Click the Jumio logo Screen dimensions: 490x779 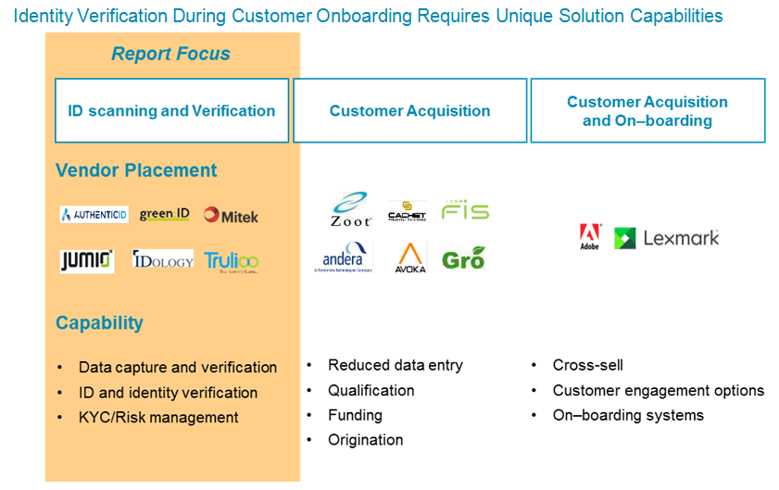pos(86,260)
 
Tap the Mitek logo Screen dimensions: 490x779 pos(231,216)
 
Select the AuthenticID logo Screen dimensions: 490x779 pos(94,215)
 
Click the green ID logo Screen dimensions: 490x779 pos(164,214)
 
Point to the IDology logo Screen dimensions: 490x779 pos(163,260)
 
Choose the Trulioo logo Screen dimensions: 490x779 pos(231,261)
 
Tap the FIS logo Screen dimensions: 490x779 pos(465,210)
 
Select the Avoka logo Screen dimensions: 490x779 pos(410,257)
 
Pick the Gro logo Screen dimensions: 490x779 pos(463,258)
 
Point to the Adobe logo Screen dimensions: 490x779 pos(589,237)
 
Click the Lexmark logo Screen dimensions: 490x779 pos(667,238)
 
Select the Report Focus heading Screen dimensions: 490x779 pos(170,54)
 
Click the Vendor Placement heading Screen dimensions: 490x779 pos(136,170)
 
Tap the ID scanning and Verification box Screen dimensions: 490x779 pos(171,110)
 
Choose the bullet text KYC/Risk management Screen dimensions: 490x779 pos(158,418)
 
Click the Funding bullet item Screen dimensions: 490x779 pos(355,415)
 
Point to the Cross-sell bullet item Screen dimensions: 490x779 pos(587,365)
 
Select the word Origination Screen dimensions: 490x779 pos(365,440)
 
